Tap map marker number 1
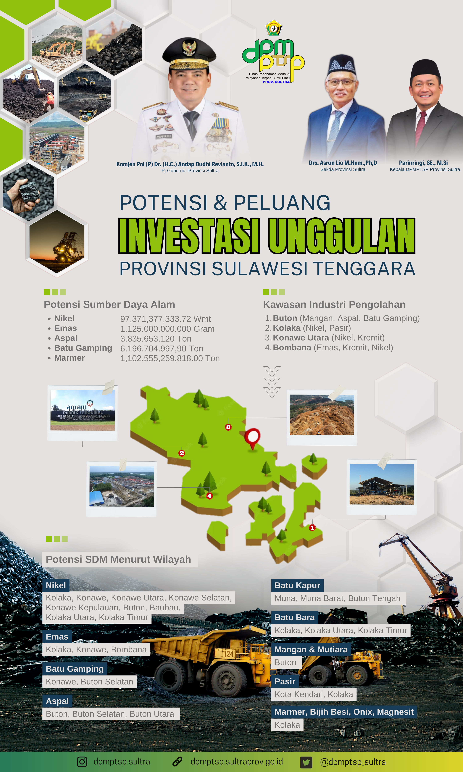[312, 528]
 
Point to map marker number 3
[228, 427]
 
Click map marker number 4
[209, 496]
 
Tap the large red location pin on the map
[252, 438]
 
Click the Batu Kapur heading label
[297, 585]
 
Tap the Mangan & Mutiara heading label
[311, 649]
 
